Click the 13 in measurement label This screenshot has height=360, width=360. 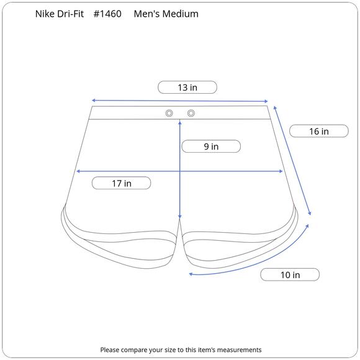pos(187,88)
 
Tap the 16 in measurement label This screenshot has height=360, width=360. pos(319,132)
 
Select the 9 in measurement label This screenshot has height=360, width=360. pos(211,146)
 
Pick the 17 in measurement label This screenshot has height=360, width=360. pos(122,183)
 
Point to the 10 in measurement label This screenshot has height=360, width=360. pos(290,274)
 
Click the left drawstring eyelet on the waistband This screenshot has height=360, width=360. pos(169,113)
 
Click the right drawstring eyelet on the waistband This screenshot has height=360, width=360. pos(191,113)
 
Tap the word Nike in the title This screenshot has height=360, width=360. pos(45,14)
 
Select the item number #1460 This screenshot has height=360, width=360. pos(107,14)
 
